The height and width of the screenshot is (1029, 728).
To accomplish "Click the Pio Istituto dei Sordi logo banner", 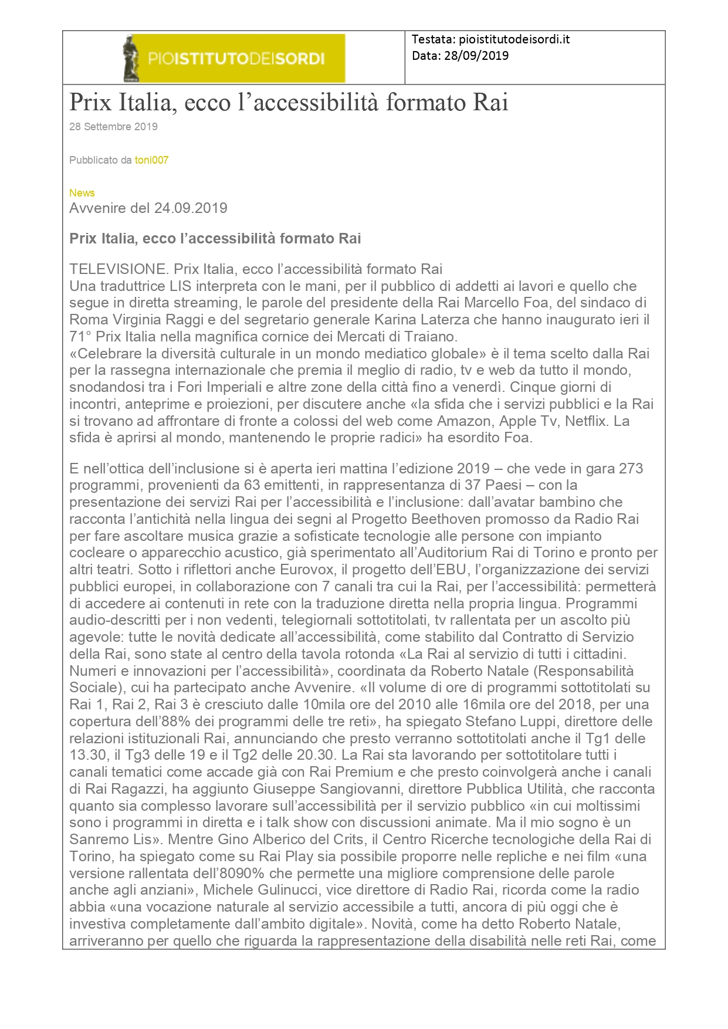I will (233, 58).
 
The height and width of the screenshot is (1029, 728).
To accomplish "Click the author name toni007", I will (151, 160).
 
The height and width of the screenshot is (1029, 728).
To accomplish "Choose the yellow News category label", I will (82, 193).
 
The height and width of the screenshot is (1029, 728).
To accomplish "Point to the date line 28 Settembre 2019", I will (113, 127).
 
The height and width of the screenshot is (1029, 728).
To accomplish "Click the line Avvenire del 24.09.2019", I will (148, 208).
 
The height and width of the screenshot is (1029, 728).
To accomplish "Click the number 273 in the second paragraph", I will (631, 469).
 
